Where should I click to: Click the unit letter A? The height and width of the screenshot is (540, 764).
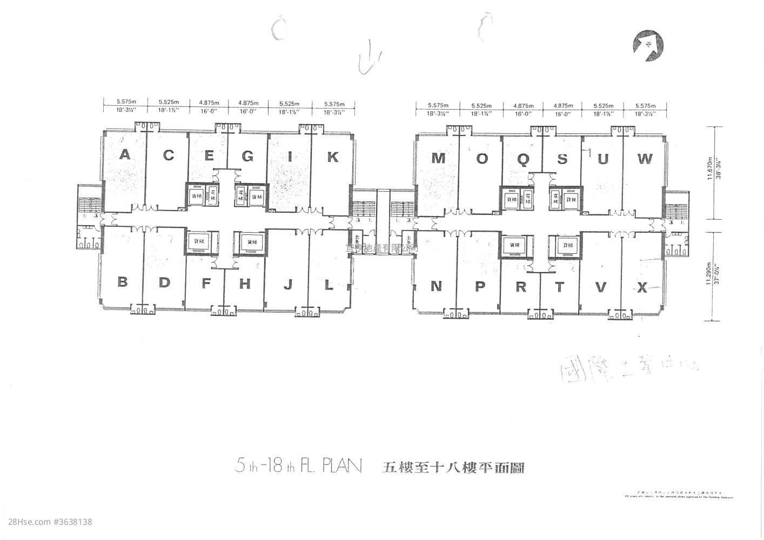(x=125, y=155)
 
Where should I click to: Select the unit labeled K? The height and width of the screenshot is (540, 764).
(x=333, y=157)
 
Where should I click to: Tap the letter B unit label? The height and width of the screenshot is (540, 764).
(x=123, y=282)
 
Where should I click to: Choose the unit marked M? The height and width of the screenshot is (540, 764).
(x=438, y=158)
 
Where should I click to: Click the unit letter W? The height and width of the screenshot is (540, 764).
(x=644, y=159)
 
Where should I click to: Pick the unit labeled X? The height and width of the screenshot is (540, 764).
(x=642, y=288)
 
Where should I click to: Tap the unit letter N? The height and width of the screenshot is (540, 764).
(x=437, y=286)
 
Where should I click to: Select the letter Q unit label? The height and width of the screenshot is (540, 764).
(x=522, y=159)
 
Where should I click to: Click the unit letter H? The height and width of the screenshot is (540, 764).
(x=245, y=283)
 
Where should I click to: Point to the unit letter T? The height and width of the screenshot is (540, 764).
(x=559, y=287)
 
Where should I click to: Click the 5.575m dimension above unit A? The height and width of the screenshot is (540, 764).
(x=125, y=101)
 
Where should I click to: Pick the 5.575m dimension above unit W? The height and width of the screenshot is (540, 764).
(x=644, y=106)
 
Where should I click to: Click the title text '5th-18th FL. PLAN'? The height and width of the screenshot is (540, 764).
(x=299, y=466)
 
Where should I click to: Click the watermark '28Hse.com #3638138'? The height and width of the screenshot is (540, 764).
(x=47, y=522)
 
